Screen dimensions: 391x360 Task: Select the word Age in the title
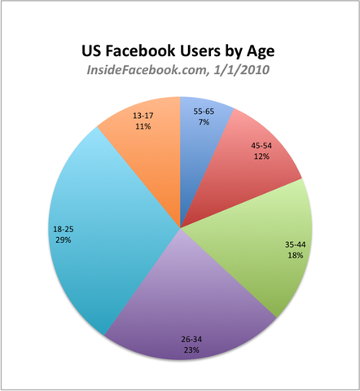coord(260,51)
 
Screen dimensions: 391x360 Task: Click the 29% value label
coord(62,241)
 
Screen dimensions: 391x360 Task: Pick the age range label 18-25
coord(62,231)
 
